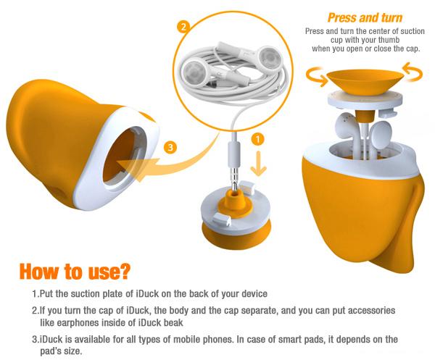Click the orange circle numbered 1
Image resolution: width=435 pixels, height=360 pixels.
257,139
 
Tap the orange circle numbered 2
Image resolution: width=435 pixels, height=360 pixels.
183,28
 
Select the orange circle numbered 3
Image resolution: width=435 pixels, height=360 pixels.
170,147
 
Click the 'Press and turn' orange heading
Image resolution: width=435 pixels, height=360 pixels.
365,17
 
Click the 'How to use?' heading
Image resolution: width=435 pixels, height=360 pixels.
75,272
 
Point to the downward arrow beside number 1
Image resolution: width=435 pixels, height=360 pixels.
258,164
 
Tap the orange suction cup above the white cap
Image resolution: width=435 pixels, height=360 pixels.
365,80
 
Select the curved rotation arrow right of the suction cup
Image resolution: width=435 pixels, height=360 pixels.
413,72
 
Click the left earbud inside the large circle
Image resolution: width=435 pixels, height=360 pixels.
194,72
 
